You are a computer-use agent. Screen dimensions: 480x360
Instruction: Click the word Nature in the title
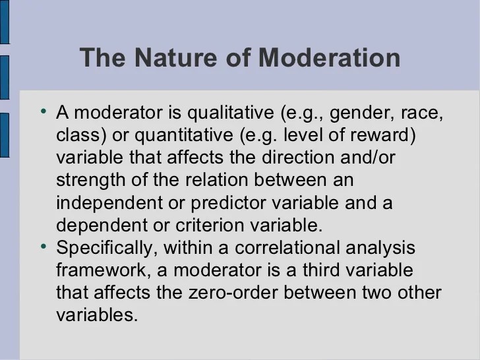175,57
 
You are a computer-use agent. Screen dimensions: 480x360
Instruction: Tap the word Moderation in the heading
330,57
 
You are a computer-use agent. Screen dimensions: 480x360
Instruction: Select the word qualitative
231,113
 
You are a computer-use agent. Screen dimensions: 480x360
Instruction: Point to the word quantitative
184,136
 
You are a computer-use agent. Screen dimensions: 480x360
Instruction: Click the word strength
90,181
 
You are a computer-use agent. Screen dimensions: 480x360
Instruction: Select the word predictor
228,203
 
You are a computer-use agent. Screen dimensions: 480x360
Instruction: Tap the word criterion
210,225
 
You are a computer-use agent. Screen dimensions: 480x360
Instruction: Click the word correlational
287,248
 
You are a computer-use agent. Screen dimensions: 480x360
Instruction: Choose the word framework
104,270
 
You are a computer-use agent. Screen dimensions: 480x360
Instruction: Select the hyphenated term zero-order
233,293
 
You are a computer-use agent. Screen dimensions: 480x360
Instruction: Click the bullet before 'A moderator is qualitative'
44,111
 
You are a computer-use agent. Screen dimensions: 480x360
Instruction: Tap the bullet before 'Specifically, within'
44,246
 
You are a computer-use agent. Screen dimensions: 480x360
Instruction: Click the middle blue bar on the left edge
5,77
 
